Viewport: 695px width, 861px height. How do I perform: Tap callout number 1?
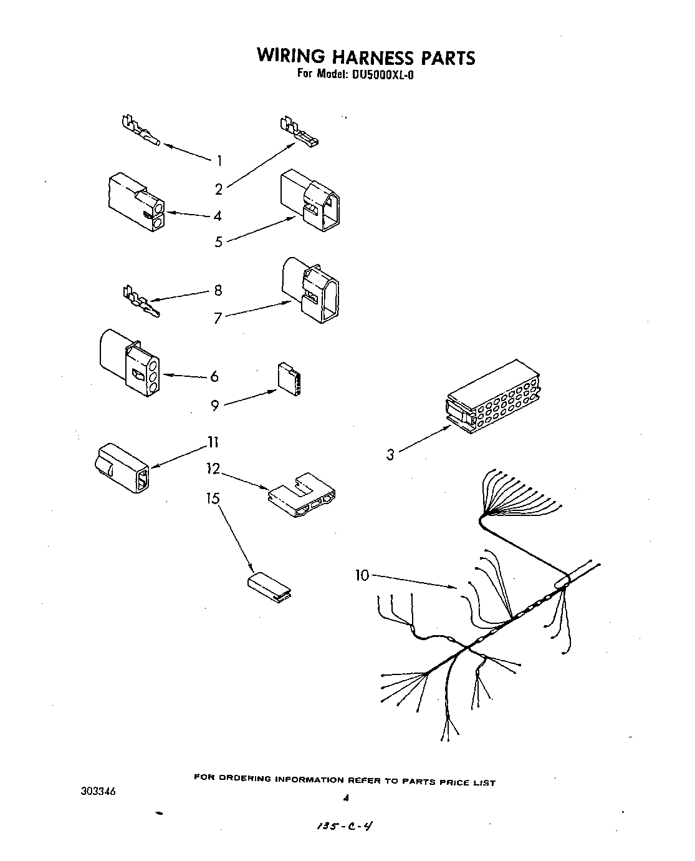point(219,161)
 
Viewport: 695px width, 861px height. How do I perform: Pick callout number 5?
point(218,242)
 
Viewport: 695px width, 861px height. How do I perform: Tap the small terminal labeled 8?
point(141,301)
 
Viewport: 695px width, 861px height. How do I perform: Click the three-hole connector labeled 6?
point(128,362)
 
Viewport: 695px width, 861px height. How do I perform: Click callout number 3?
point(390,455)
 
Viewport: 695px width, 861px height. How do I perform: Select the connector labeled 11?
point(122,468)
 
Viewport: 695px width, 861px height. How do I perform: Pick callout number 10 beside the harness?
point(362,575)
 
